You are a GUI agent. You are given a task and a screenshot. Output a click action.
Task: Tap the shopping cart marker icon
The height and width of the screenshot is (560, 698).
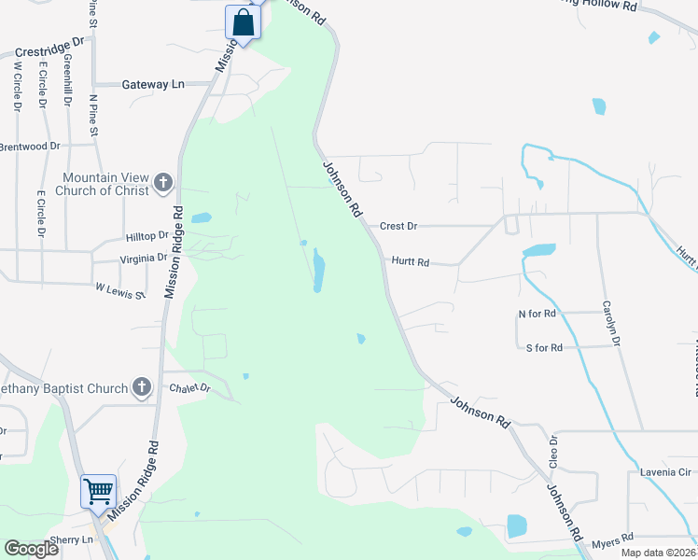tap(98, 490)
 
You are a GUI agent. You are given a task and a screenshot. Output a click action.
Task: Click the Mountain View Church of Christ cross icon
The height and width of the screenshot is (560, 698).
tap(163, 183)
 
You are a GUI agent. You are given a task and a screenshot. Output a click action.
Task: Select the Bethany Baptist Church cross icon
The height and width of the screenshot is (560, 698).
tap(141, 387)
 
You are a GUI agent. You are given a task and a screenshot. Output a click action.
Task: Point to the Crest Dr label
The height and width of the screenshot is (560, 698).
tap(398, 226)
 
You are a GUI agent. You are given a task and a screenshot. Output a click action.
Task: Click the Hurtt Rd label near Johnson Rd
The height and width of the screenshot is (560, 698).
tap(410, 263)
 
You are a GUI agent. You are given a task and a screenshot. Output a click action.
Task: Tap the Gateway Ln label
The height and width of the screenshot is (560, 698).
tap(153, 84)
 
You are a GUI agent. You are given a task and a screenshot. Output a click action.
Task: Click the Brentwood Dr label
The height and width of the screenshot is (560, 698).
tap(29, 147)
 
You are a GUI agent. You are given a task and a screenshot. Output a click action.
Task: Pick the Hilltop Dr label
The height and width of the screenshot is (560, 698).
tap(147, 236)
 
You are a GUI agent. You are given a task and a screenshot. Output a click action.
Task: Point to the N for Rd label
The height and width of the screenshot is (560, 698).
tap(537, 314)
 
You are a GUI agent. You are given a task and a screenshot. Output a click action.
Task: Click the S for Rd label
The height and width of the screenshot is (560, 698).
tap(544, 347)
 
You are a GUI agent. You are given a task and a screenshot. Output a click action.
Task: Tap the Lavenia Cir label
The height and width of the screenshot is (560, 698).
tap(663, 472)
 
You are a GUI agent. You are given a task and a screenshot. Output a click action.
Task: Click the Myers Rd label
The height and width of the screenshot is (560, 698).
tap(612, 538)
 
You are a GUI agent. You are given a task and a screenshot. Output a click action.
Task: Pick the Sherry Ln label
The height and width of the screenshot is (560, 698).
tap(74, 539)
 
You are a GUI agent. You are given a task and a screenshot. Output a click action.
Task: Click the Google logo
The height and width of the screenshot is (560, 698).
tap(31, 549)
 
